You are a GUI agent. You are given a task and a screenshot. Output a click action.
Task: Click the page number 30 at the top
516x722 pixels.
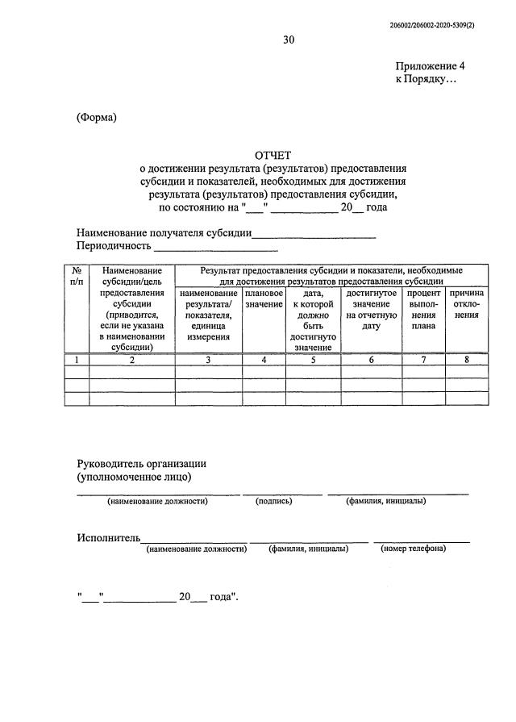tap(288, 40)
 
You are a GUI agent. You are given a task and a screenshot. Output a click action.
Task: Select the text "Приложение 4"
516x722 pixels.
tap(430, 67)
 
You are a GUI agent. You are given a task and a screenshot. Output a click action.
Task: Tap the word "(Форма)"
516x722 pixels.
tap(97, 117)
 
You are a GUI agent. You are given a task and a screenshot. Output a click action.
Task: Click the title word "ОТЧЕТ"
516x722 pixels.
tap(273, 155)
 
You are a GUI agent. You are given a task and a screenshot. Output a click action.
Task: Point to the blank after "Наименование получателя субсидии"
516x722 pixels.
tap(314, 235)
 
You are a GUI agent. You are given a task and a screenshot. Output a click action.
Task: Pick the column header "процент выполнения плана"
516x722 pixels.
tap(424, 310)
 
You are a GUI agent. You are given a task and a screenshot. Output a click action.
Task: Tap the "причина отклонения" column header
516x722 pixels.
tap(466, 304)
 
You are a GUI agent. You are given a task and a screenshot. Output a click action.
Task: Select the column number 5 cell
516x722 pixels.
tap(314, 360)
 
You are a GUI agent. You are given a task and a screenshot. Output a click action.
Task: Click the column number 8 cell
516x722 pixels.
tap(466, 360)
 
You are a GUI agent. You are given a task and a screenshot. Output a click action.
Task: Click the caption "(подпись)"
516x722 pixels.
tap(273, 501)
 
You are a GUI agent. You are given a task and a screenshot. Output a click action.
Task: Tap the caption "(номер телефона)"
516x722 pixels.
tap(413, 549)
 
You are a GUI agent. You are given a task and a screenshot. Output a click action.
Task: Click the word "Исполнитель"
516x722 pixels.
tap(109, 537)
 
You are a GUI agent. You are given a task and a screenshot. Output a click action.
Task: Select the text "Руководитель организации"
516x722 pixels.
tap(141, 464)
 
